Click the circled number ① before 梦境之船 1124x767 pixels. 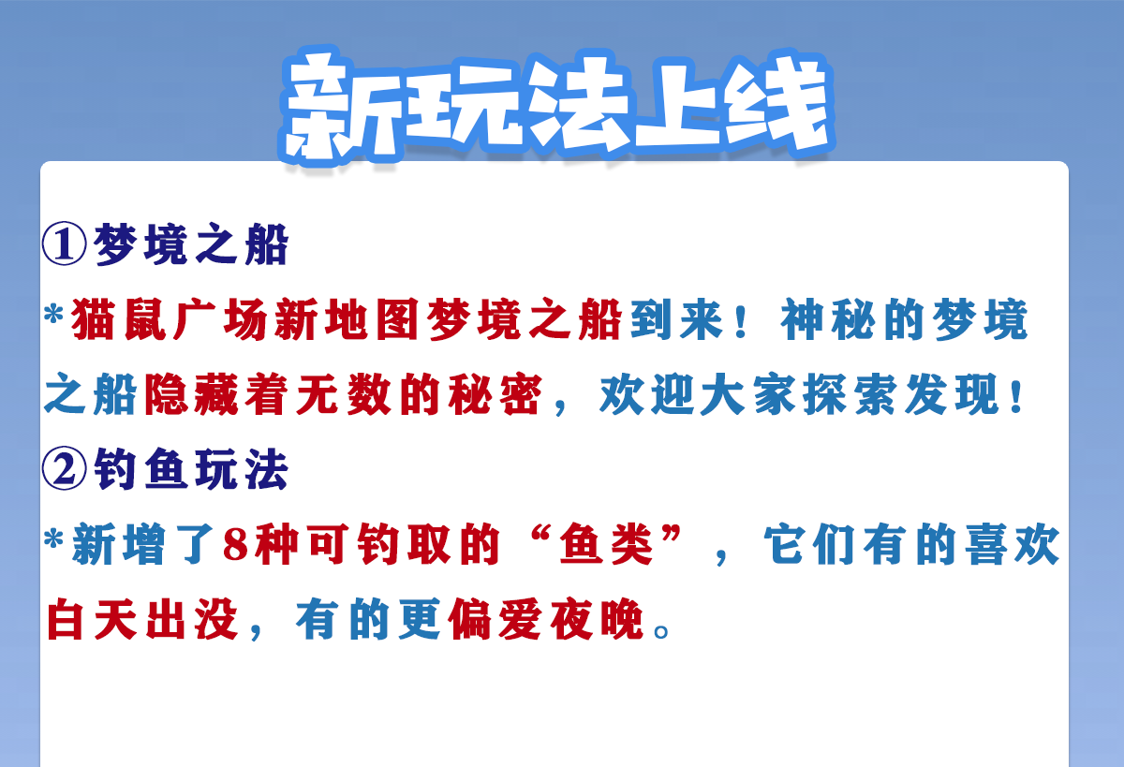pyautogui.click(x=65, y=243)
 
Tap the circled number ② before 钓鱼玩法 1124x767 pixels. pyautogui.click(x=65, y=468)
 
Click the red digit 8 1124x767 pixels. pyautogui.click(x=236, y=545)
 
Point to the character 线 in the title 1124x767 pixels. pyautogui.click(x=776, y=103)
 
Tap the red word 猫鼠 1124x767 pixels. pyautogui.click(x=119, y=319)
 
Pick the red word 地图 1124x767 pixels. pyautogui.click(x=372, y=319)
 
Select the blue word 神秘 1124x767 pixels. pyautogui.click(x=828, y=319)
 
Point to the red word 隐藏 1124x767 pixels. pyautogui.click(x=192, y=394)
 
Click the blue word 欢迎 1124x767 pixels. pyautogui.click(x=647, y=394)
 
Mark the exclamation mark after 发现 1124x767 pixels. pyautogui.click(x=1017, y=396)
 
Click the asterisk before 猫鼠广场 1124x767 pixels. pyautogui.click(x=53, y=314)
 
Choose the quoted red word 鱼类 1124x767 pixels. pyautogui.click(x=606, y=545)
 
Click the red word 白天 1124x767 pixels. pyautogui.click(x=92, y=619)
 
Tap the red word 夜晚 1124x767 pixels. pyautogui.click(x=598, y=619)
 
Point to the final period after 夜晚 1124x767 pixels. pyautogui.click(x=661, y=631)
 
